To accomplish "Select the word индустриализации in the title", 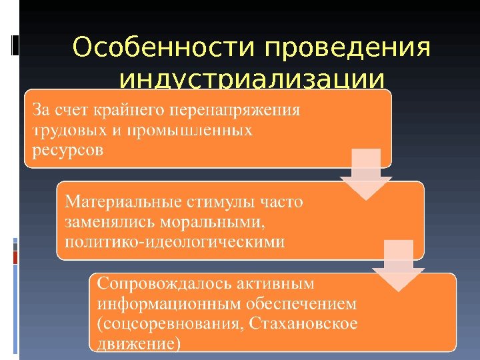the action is (251, 81).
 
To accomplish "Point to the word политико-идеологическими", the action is (175, 241).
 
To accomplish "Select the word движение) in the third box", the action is (139, 345).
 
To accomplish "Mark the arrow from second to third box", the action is (399, 267).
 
